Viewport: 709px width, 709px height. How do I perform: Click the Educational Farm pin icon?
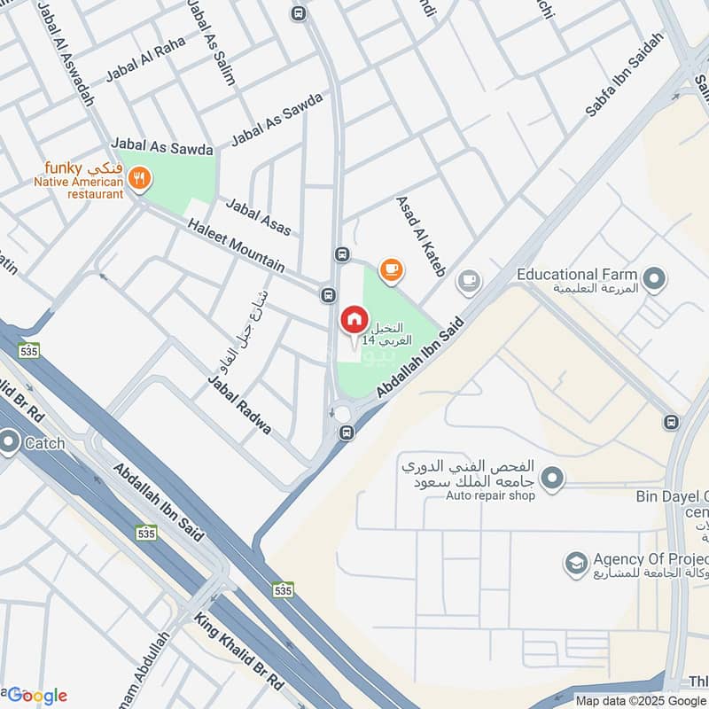pos(654,280)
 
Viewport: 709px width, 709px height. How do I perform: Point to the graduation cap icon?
pos(576,562)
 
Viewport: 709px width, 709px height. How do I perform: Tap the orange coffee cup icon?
pos(390,268)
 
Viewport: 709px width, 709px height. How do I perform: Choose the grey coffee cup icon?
pos(467,281)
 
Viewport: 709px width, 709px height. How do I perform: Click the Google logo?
pos(36,696)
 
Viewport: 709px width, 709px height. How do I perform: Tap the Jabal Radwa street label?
pos(239,405)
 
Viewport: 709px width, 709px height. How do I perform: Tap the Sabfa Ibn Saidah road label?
pos(623,75)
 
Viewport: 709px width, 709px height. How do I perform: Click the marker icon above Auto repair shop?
pos(552,479)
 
